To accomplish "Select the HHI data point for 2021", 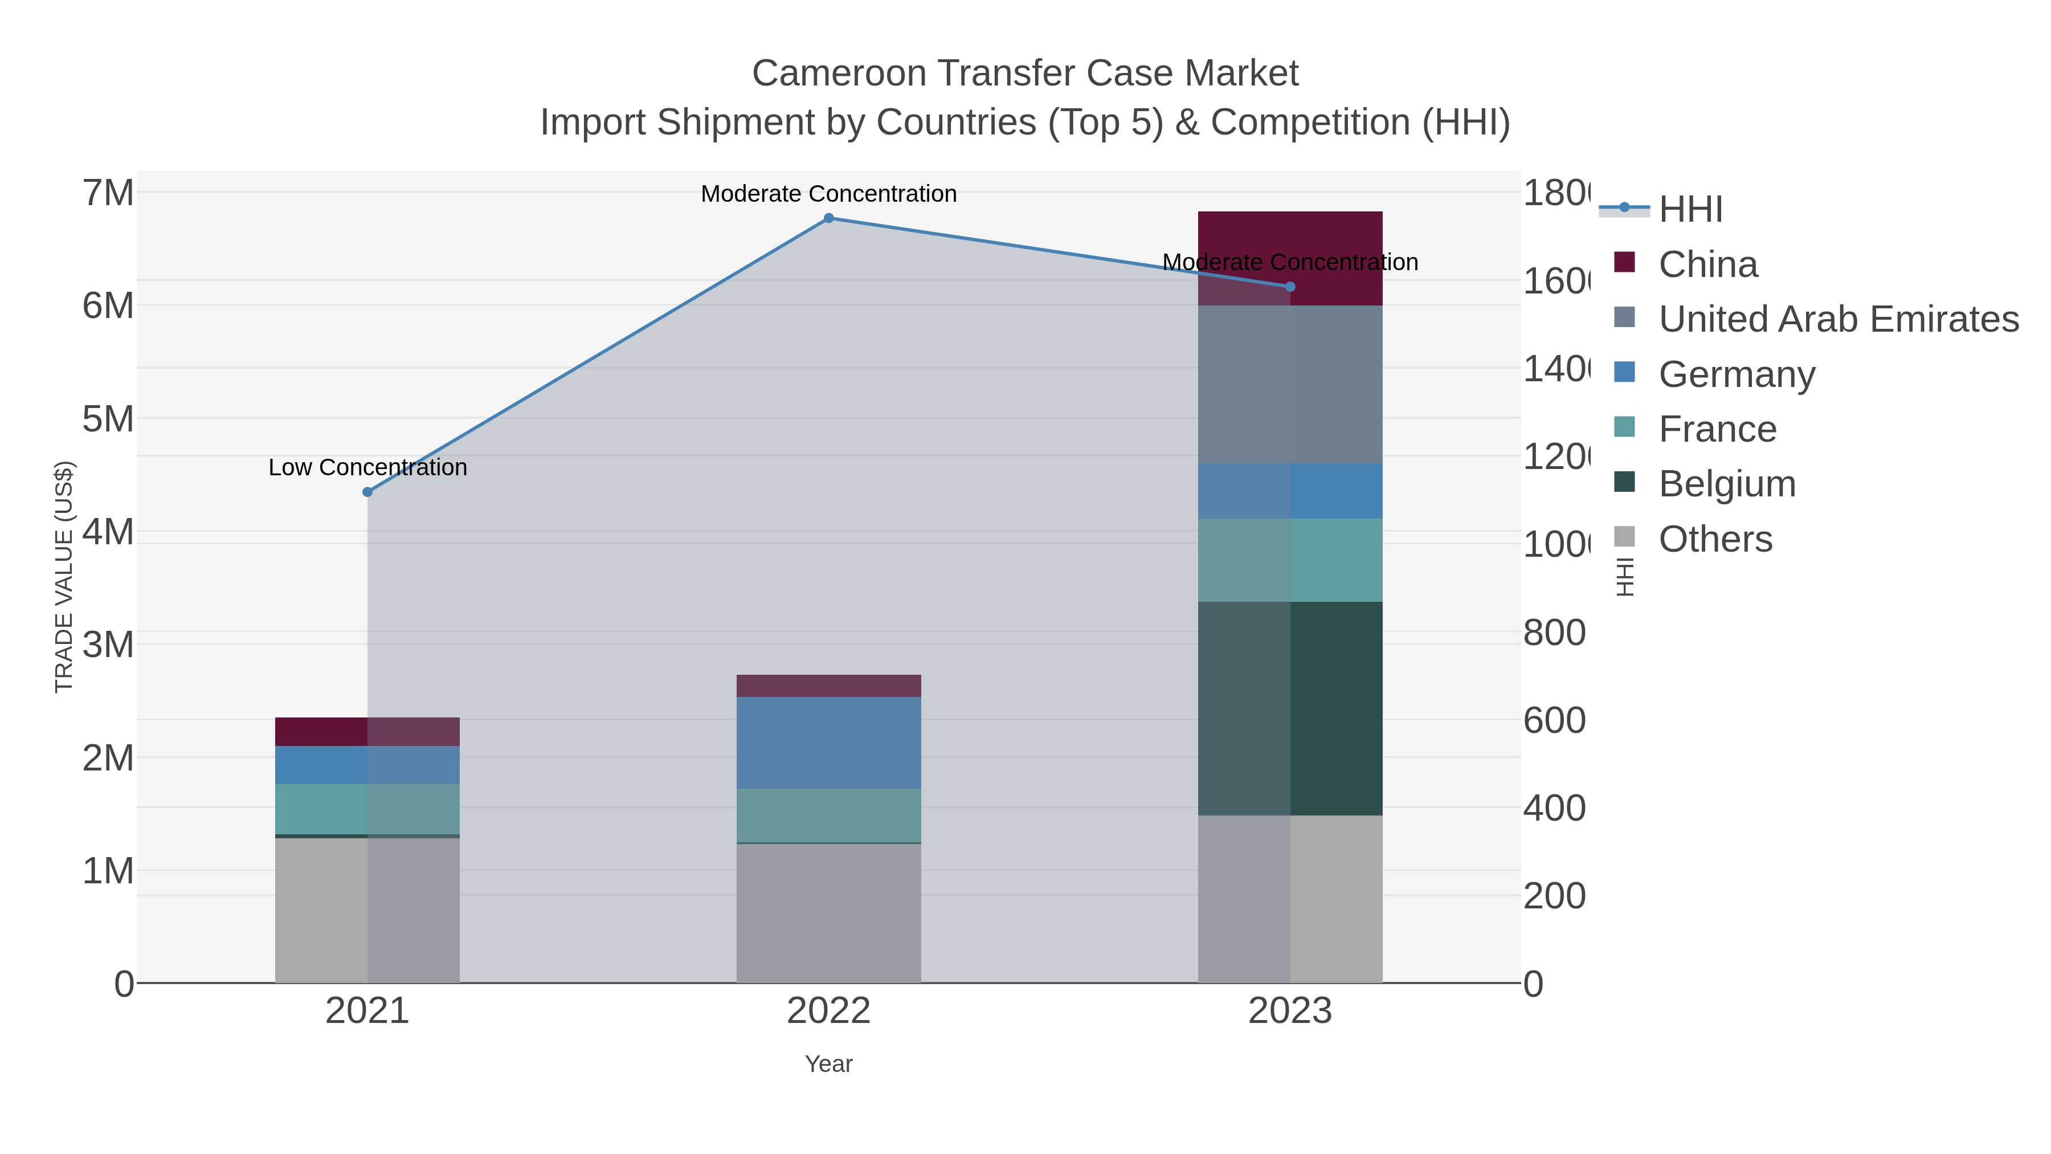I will click(x=367, y=492).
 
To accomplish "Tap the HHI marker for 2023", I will click(x=1290, y=287).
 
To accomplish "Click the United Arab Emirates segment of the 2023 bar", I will click(x=1290, y=384).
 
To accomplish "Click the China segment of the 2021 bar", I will click(x=367, y=731).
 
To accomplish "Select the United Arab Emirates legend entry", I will click(x=1837, y=319).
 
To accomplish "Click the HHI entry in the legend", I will click(x=1690, y=210).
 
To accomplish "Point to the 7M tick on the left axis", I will click(x=108, y=193).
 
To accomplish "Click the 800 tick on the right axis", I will click(x=1554, y=633).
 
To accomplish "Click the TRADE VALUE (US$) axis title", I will click(x=64, y=577).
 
